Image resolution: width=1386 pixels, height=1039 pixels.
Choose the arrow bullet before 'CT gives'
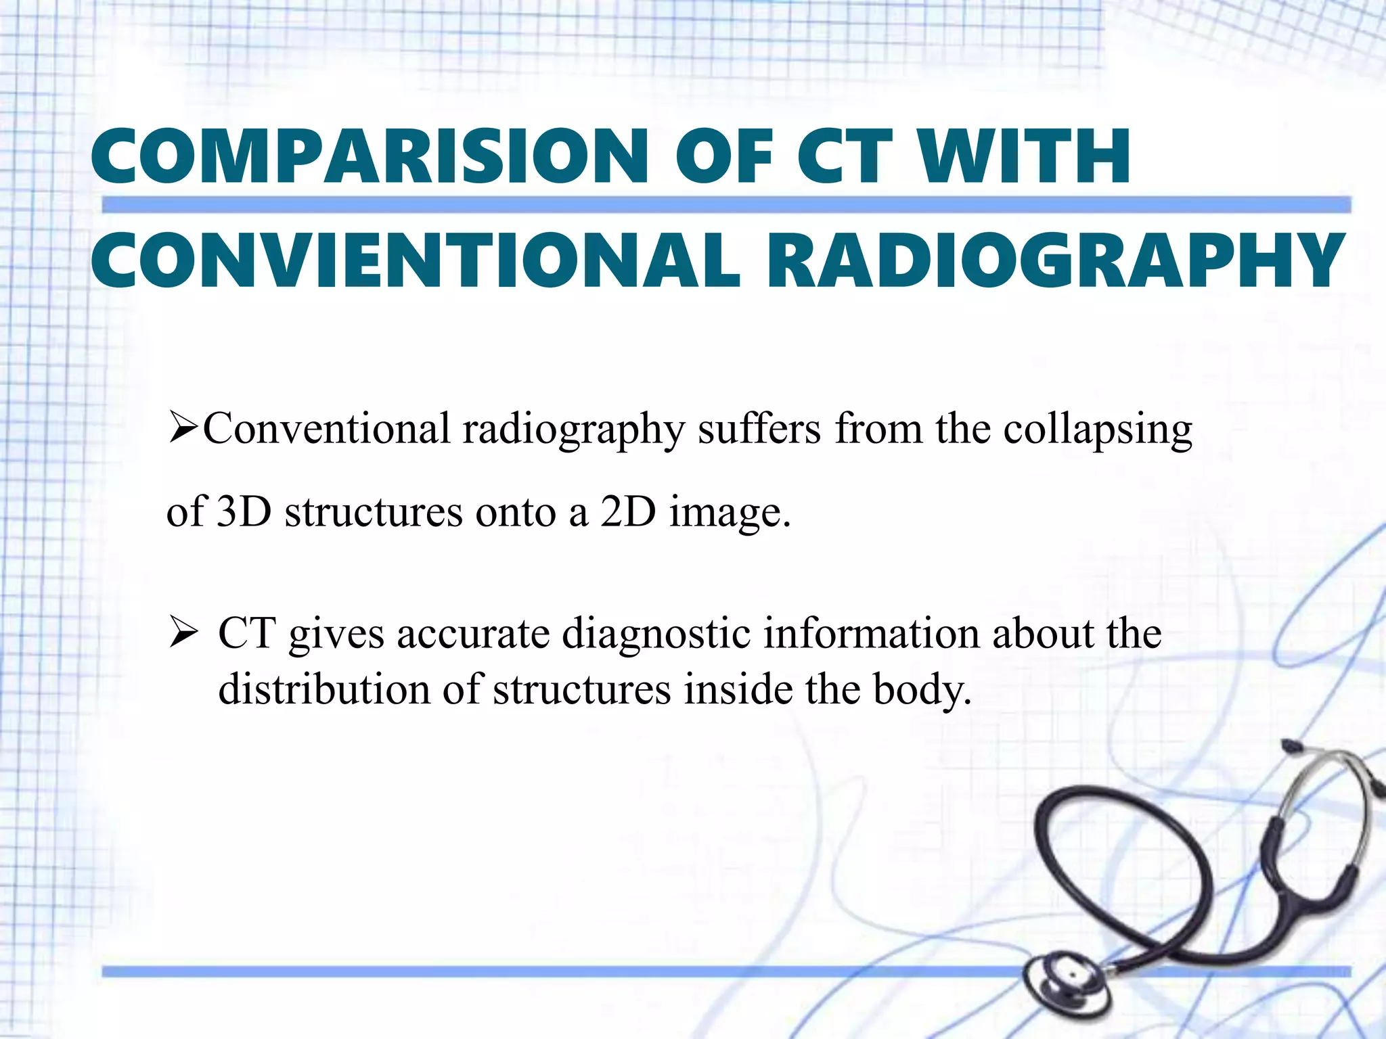click(183, 635)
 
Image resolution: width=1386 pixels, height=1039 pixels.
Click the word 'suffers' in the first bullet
click(759, 430)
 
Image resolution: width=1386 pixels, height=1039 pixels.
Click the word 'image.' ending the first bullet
click(730, 513)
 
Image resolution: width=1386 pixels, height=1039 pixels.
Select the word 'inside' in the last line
click(738, 689)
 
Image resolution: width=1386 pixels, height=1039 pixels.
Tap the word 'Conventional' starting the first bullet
click(327, 430)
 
